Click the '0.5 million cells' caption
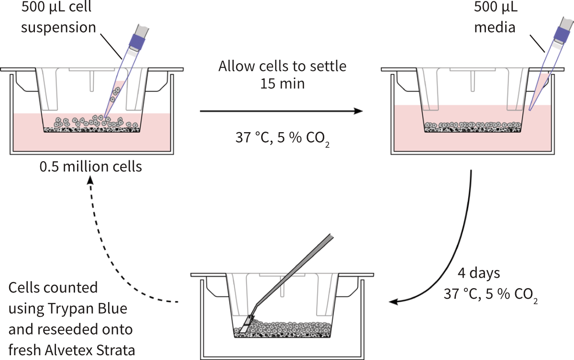pos(91,167)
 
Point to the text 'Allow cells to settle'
pos(282,66)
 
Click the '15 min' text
pos(282,84)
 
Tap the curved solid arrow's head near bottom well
pos(395,302)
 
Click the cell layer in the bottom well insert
pos(287,329)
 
